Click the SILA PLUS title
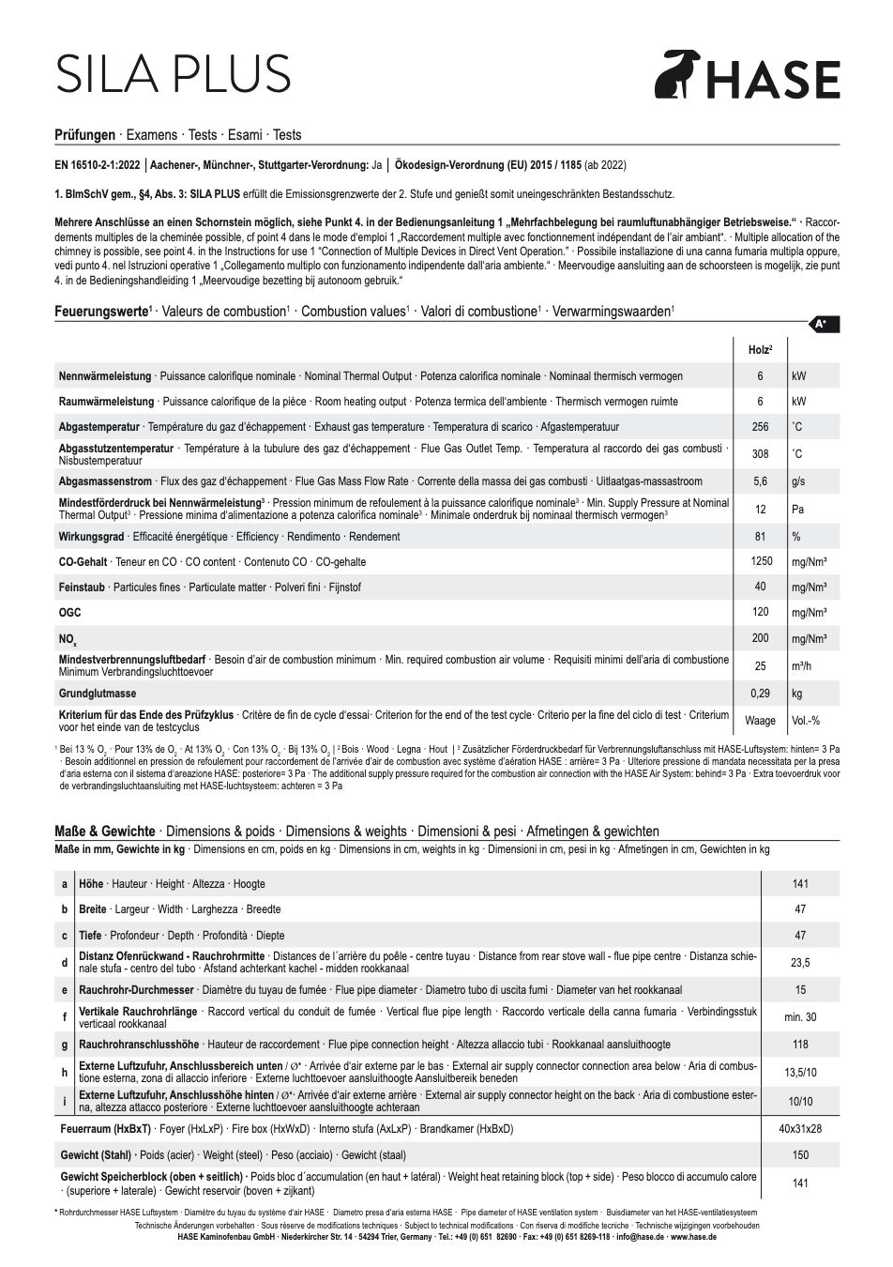[174, 73]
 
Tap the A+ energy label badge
[821, 325]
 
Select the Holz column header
[760, 350]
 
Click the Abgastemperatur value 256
[760, 427]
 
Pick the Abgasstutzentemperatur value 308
[760, 454]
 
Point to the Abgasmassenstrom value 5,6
[760, 481]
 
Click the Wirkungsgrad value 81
[760, 537]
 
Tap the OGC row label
[70, 613]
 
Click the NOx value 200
[760, 638]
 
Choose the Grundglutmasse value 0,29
[760, 694]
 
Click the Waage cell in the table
[760, 721]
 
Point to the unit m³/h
[802, 666]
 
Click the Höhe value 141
[800, 884]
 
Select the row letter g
[65, 1045]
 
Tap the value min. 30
[800, 1017]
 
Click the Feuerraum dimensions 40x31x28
[800, 1129]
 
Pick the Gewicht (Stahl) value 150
[800, 1155]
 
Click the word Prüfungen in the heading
[85, 135]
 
